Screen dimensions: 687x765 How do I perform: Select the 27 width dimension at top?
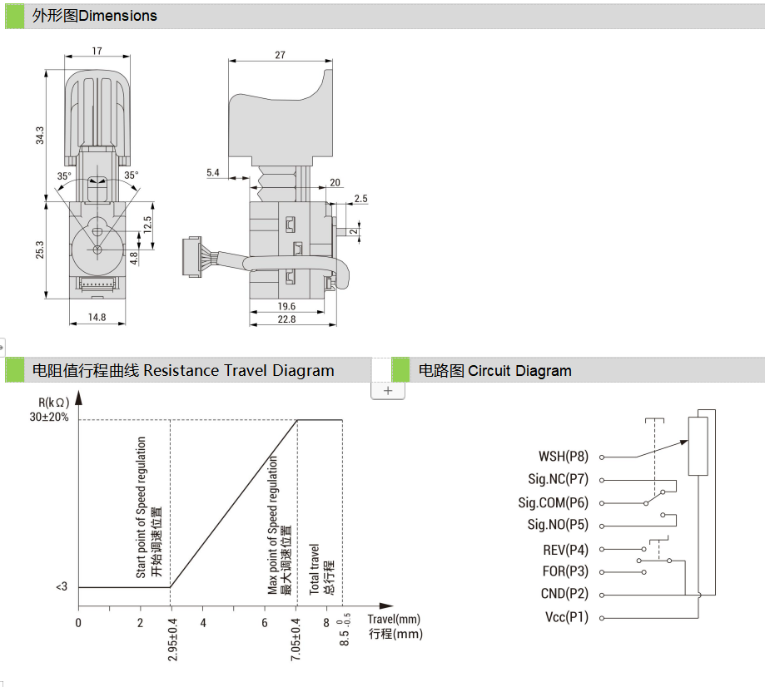coord(280,55)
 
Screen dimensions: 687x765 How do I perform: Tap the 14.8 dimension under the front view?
coord(97,317)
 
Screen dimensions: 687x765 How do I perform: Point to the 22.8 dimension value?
coord(286,319)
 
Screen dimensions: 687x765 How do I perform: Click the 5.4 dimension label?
coord(212,173)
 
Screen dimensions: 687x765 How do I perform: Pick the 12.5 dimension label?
coord(147,225)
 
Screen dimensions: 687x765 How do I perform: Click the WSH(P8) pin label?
coord(564,457)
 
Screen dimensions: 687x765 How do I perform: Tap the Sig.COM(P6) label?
coord(553,503)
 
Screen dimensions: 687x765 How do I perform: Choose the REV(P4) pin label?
coord(565,550)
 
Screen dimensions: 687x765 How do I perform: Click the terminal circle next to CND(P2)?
coord(602,595)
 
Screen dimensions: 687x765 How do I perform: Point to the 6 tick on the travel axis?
coord(265,623)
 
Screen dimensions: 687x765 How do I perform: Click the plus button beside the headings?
coord(388,390)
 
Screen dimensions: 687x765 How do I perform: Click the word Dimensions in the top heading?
coord(117,16)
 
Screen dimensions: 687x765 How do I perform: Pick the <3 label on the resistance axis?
coord(62,587)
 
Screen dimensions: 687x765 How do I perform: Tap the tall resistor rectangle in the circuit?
coord(698,447)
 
